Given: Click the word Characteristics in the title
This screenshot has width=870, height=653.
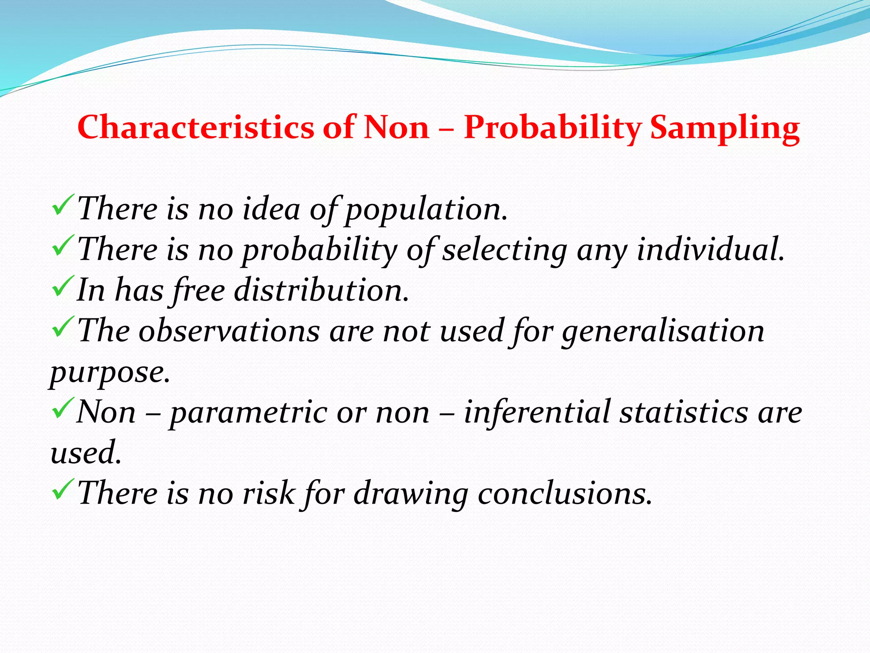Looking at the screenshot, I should tap(195, 127).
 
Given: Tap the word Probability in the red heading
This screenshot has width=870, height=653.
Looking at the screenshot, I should tap(552, 127).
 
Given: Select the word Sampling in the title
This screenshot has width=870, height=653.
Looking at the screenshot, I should tap(725, 127).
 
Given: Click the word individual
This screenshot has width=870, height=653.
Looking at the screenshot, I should tap(710, 250).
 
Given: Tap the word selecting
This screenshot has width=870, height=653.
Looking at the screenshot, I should tap(505, 250).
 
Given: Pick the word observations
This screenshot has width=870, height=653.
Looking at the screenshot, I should tap(229, 331).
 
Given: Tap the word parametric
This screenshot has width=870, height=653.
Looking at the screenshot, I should tap(249, 413).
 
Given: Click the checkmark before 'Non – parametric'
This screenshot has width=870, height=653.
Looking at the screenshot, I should tap(63, 408).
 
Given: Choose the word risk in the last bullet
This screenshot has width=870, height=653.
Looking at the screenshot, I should tap(268, 494).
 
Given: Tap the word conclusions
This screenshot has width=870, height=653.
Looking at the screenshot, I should tap(565, 494).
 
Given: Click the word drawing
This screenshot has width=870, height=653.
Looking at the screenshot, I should tap(411, 494).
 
